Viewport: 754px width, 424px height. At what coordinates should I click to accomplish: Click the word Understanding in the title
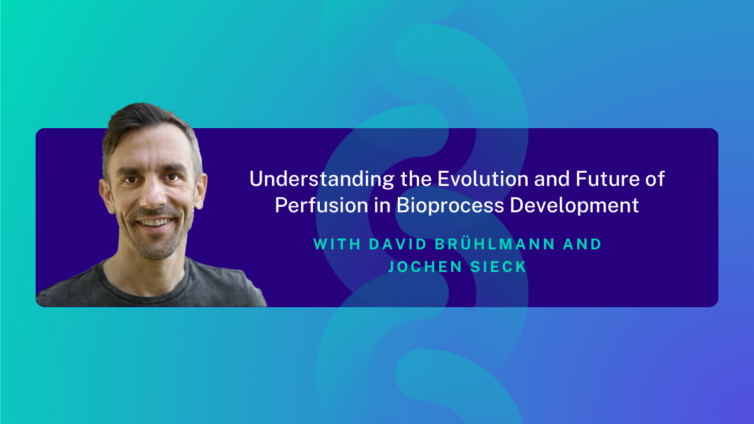tap(322, 180)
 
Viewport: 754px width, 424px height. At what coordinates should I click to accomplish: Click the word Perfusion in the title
tap(322, 205)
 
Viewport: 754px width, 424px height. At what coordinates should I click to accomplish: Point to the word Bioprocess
tap(450, 205)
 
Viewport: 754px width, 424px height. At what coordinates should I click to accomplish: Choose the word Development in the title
tap(574, 205)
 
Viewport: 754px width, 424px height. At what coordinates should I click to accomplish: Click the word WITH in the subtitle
tap(337, 244)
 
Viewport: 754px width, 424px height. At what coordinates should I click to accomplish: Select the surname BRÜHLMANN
tap(495, 243)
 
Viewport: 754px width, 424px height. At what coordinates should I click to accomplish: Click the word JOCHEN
tap(425, 267)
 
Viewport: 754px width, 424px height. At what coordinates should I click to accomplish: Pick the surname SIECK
tap(498, 267)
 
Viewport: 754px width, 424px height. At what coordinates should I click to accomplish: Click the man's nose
tap(153, 195)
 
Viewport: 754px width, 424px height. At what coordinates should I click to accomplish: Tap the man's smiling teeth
tap(155, 222)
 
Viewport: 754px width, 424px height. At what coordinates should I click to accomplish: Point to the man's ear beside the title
tap(200, 192)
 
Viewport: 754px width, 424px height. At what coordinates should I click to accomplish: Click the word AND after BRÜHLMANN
tap(582, 244)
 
